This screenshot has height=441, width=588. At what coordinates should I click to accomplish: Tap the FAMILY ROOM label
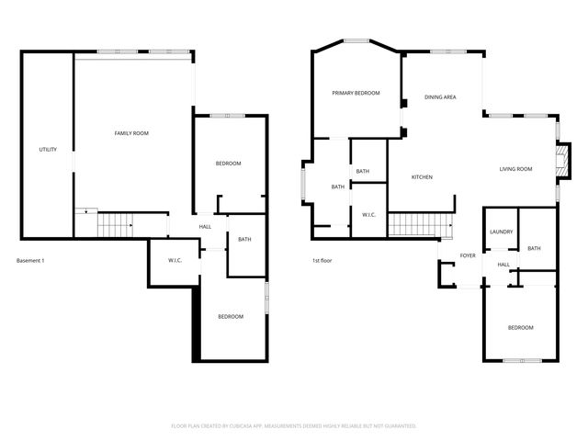point(131,133)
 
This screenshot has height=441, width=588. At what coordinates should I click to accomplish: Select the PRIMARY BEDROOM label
point(356,93)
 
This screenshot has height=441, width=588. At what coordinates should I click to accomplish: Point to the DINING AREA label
point(440,96)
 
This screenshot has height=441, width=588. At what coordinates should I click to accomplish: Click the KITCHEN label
point(422,177)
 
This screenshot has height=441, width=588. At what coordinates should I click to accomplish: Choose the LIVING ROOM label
point(515,169)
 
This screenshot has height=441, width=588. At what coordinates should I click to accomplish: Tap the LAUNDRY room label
point(501,232)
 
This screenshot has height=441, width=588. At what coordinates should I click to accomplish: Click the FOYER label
point(468,255)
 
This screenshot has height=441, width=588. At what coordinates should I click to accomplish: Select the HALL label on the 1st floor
point(503,265)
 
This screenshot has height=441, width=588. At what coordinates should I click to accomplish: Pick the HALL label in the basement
point(205,226)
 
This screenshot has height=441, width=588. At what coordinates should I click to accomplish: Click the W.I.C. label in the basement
point(175,261)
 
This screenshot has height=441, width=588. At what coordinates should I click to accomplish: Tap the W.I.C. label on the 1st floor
point(369,215)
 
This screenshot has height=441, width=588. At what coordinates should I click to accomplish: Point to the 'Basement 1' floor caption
point(30,261)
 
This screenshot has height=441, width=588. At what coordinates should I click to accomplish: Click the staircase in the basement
point(116,223)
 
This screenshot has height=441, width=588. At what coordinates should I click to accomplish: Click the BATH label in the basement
point(244,240)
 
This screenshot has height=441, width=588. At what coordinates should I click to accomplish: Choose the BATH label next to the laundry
point(534,248)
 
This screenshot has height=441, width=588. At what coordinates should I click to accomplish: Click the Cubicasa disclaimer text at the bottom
point(294,425)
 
